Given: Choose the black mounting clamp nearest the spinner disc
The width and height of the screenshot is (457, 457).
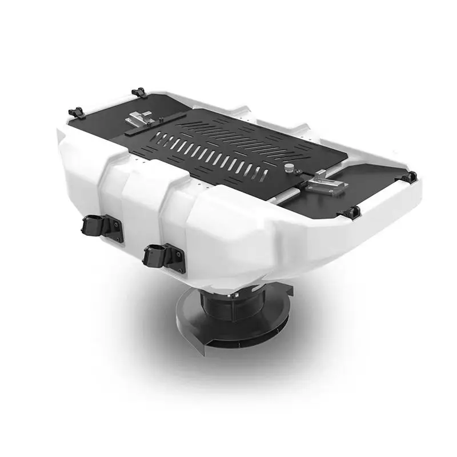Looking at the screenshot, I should point(158,255).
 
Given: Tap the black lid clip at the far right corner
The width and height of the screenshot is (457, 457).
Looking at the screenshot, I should point(410,178).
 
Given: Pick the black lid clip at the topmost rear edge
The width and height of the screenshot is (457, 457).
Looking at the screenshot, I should point(139,92).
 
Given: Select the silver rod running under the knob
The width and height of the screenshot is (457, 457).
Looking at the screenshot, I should point(280,195).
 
